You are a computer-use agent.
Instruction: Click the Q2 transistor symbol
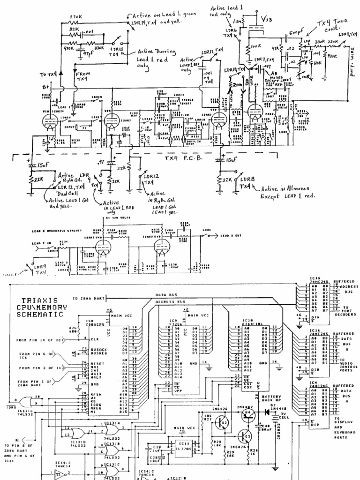click(222, 423)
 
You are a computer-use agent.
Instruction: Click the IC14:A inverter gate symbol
click(58, 474)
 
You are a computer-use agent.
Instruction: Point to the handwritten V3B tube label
click(265, 20)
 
